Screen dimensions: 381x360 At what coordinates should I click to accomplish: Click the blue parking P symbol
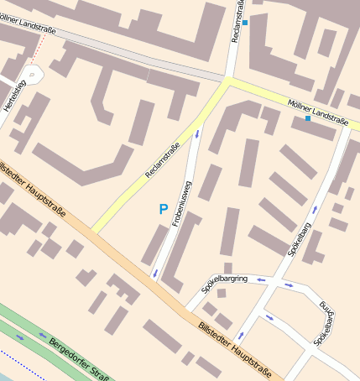(x=163, y=208)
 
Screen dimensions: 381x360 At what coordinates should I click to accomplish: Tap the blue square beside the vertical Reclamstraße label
(x=245, y=23)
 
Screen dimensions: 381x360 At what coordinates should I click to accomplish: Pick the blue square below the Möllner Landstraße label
(x=308, y=118)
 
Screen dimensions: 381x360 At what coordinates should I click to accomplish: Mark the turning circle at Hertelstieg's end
(x=32, y=75)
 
